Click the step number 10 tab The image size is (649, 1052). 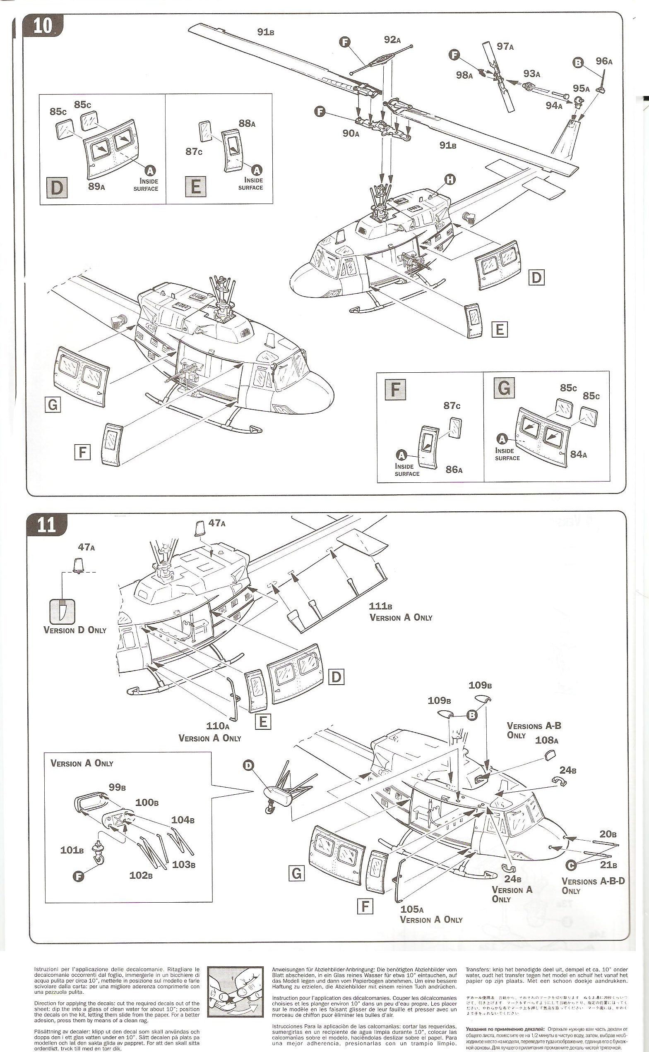tap(43, 26)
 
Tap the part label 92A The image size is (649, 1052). tap(392, 40)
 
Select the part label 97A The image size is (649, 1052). tap(505, 46)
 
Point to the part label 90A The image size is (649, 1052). tap(350, 134)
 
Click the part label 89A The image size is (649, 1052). tap(96, 186)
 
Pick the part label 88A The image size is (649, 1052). tap(247, 124)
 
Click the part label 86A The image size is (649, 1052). tap(454, 470)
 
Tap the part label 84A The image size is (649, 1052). tap(578, 454)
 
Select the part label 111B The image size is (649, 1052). tap(380, 606)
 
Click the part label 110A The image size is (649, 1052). tap(218, 726)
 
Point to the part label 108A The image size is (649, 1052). tap(546, 740)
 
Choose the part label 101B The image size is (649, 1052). tap(72, 850)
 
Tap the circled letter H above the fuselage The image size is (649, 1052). tap(450, 180)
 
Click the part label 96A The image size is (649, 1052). tap(603, 61)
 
